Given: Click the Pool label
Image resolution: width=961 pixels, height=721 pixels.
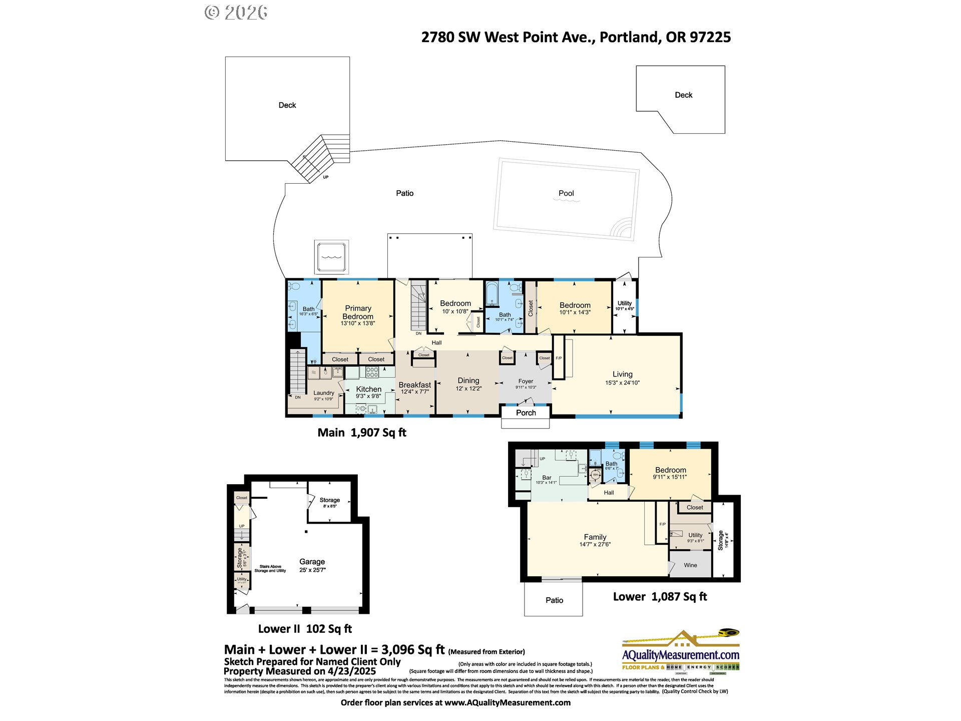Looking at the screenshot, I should point(566,193).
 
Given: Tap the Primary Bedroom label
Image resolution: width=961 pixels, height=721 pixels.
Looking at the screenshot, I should point(358,312).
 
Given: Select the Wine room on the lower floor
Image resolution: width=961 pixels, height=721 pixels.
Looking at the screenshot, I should point(690,565).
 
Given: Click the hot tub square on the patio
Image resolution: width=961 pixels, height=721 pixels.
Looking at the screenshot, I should point(331,256).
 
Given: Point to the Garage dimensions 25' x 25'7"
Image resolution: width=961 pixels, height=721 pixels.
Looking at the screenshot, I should point(312,570).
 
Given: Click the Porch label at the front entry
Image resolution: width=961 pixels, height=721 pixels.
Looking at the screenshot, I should point(526,413).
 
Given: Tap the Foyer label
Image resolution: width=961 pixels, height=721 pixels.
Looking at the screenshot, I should point(526,381).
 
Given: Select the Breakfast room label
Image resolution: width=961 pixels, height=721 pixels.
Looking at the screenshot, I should point(414,385).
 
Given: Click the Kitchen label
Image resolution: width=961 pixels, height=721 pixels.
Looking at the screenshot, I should point(369,389).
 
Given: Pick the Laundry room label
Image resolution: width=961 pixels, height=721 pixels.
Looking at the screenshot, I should point(323,393).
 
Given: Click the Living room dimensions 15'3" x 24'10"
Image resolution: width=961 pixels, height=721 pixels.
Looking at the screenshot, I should point(622,383).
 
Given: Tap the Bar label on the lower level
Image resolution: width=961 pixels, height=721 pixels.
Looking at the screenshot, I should point(547,478).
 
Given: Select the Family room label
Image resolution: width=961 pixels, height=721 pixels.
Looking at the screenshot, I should point(595,537).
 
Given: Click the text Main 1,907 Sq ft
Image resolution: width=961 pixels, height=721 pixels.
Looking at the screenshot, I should point(362,433).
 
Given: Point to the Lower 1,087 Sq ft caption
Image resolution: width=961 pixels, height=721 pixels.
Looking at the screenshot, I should point(660,596).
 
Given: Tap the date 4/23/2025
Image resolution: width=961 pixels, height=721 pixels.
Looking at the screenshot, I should point(351,671).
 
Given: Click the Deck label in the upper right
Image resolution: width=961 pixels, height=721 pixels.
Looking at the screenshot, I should point(683,95).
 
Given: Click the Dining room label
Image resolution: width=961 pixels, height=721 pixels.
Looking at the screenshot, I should point(468,381).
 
